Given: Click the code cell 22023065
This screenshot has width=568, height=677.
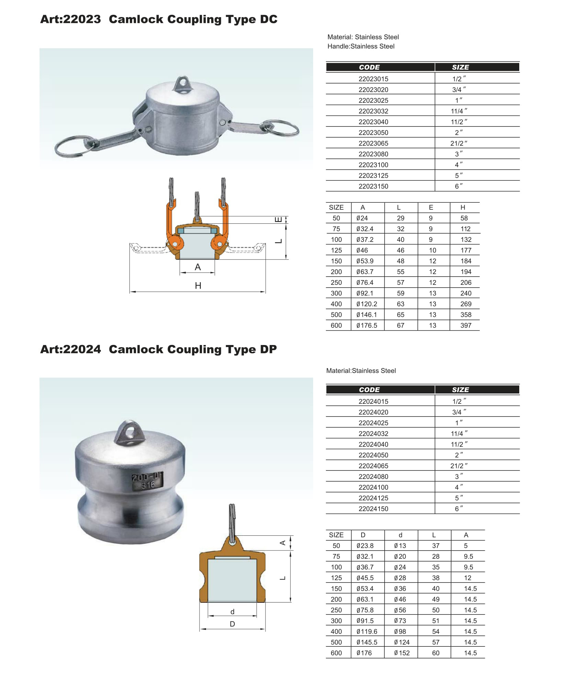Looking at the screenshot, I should [x=373, y=143].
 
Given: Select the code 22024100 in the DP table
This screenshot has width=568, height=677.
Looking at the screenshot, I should [x=373, y=487].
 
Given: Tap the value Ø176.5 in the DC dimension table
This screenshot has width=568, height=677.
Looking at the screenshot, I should [x=366, y=325].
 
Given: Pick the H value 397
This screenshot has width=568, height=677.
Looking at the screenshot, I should [x=465, y=325].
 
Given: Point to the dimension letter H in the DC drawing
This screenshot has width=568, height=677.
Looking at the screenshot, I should [x=198, y=285].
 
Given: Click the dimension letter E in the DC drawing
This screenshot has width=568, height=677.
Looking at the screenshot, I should [x=279, y=219].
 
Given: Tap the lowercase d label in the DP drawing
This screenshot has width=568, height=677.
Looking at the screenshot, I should [x=232, y=611].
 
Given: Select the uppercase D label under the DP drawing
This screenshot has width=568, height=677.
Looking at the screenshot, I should [x=232, y=624].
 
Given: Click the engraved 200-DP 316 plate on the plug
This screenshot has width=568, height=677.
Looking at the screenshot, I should [x=147, y=480].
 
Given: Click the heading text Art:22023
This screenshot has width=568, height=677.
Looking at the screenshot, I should [x=70, y=19].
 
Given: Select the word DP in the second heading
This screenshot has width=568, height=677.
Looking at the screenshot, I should [x=268, y=349].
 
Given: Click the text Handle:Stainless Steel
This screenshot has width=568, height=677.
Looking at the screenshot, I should [x=361, y=46].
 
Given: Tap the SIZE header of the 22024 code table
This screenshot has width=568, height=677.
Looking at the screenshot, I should [x=460, y=389].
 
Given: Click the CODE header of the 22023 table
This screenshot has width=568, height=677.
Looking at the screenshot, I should [x=369, y=67].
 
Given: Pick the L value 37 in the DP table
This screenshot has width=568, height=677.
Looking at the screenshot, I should [x=435, y=545].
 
